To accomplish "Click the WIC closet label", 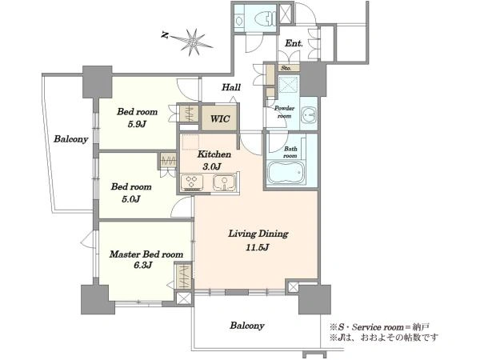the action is coord(220,118).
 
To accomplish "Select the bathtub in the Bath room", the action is coord(286,172).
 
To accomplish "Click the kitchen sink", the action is coord(224,182).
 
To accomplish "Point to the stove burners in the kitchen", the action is coord(192,182).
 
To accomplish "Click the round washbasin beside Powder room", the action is coord(308,114).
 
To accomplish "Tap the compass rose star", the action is coord(193,42).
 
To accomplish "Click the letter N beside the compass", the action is coord(165,35).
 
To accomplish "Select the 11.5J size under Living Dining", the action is coord(258,246).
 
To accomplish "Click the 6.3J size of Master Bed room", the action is coord(143,266).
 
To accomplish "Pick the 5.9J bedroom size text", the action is coord(137,124).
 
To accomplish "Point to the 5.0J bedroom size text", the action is coord(131,199).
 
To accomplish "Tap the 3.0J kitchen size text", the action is coord(211,166).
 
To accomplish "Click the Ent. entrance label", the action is coord(294,43).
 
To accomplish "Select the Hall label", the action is coord(231,87).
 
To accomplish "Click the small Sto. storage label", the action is coord(286,68).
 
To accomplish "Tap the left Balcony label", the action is coord(70,139).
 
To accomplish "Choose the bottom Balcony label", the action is coord(247,326).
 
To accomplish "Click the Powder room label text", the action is coord(284,112).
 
